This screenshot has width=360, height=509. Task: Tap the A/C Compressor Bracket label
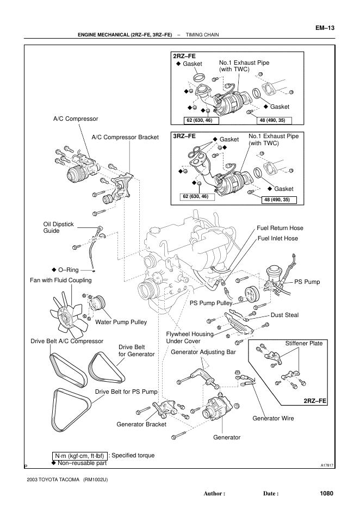pyautogui.click(x=125, y=138)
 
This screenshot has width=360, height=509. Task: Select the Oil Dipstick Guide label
pyautogui.click(x=54, y=227)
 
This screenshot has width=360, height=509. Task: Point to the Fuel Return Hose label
pyautogui.click(x=280, y=228)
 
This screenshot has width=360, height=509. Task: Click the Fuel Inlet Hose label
pyautogui.click(x=277, y=238)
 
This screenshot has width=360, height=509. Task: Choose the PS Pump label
pyautogui.click(x=307, y=282)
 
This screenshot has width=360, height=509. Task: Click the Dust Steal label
pyautogui.click(x=285, y=315)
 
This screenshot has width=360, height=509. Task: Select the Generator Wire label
pyautogui.click(x=273, y=418)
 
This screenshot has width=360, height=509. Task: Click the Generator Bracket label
pyautogui.click(x=141, y=424)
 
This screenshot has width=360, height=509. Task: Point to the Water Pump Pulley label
pyautogui.click(x=121, y=322)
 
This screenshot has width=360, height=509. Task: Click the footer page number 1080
pyautogui.click(x=326, y=493)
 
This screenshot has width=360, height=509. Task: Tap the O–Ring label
pyautogui.click(x=69, y=269)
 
